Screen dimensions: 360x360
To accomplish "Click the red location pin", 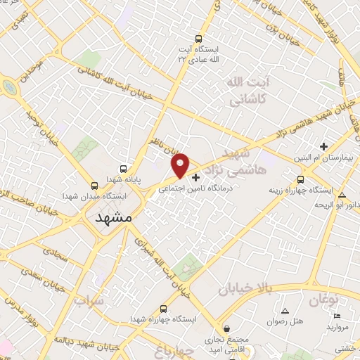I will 181,165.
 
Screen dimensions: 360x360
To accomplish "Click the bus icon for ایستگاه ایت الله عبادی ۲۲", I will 199,39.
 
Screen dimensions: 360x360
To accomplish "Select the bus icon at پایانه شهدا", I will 124,169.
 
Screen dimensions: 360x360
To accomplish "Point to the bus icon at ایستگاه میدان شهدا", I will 95,186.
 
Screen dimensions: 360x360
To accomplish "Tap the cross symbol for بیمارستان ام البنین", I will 323,146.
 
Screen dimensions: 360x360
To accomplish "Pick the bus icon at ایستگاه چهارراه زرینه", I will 301,179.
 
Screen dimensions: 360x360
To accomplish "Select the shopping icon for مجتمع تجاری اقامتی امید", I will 226,328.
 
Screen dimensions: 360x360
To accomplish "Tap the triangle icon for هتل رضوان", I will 285,310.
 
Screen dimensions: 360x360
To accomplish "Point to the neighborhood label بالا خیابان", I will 245,288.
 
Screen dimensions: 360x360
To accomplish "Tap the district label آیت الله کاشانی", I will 246,91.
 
